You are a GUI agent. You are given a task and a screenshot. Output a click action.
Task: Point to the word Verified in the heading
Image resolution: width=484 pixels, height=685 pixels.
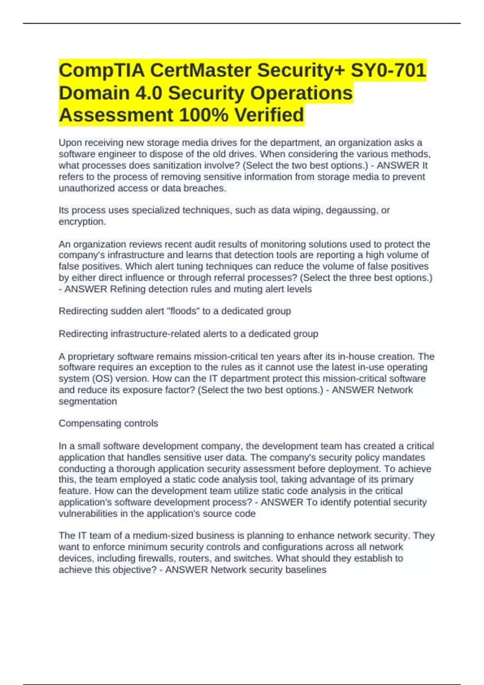pos(269,115)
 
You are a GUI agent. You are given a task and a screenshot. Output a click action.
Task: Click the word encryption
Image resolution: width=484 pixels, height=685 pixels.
pos(82,222)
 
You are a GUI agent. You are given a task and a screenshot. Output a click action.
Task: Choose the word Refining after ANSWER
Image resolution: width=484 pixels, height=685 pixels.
pos(128,289)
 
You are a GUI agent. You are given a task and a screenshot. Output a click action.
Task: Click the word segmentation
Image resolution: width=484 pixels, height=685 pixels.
pos(88,401)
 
